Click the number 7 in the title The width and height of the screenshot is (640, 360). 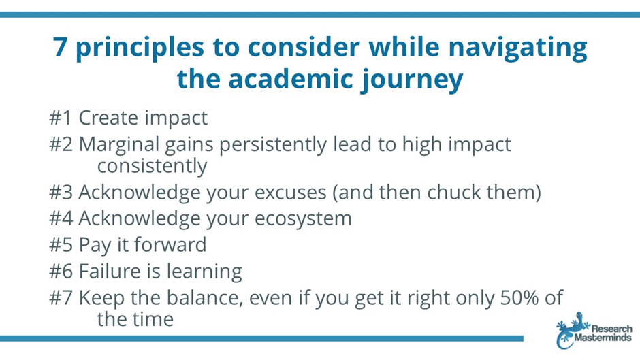coord(60,47)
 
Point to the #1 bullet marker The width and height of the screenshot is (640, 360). coord(61,118)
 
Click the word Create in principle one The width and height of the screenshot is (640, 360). coord(108,118)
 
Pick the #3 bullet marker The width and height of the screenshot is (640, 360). coord(61,193)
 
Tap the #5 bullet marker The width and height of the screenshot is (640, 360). coord(61,245)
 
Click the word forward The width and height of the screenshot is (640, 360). coord(170,245)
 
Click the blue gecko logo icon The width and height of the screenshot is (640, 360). coord(571,330)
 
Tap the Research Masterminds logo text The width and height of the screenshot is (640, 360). coord(603,333)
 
